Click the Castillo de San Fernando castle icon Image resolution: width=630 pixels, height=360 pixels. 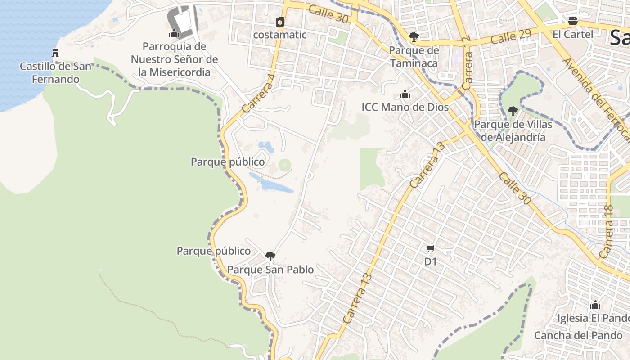55,53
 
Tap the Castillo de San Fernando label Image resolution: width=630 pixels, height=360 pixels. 55,73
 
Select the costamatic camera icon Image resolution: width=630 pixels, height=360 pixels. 280,22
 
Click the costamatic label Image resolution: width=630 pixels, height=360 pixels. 280,35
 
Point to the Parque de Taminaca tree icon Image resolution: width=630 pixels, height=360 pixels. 414,37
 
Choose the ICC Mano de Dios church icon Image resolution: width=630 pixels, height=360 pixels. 405,94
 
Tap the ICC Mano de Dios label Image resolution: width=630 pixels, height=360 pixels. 405,107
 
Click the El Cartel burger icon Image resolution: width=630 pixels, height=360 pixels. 573,21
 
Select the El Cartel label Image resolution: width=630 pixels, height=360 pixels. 573,34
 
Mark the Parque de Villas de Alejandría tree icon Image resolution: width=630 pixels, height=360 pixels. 513,111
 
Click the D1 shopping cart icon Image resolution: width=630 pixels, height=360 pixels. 431,248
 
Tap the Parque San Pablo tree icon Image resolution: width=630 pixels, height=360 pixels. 270,256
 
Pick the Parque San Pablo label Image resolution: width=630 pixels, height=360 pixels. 270,270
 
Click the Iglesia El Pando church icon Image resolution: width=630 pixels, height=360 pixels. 595,305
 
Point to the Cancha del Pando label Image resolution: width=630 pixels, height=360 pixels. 578,335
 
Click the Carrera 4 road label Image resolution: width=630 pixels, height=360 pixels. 258,94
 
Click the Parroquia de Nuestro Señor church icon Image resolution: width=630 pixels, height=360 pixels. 174,34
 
